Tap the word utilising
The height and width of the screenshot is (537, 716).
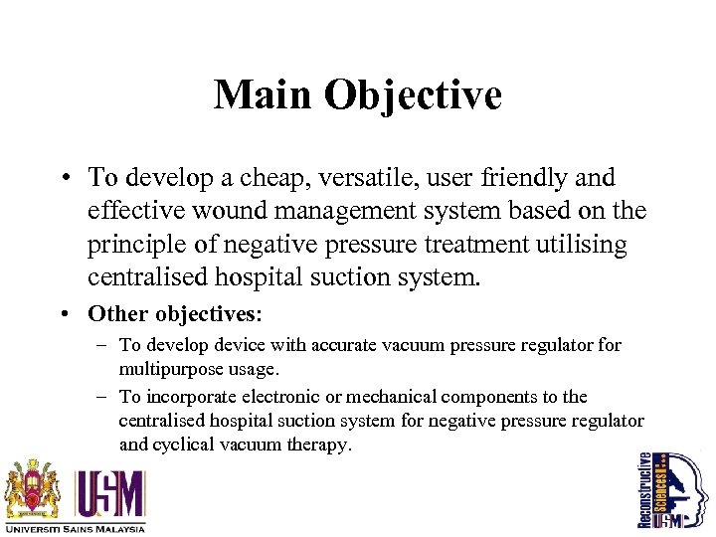578,245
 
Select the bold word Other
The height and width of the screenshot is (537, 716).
116,313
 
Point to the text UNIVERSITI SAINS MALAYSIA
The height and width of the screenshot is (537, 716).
76,528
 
